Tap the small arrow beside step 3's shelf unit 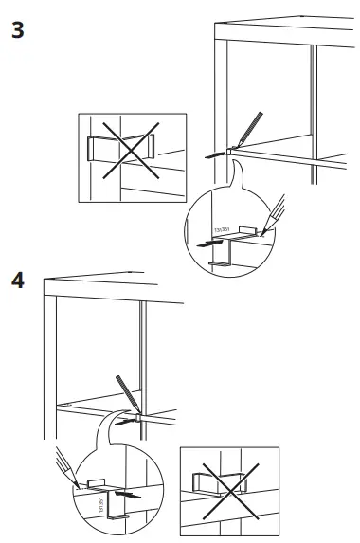coord(216,151)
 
